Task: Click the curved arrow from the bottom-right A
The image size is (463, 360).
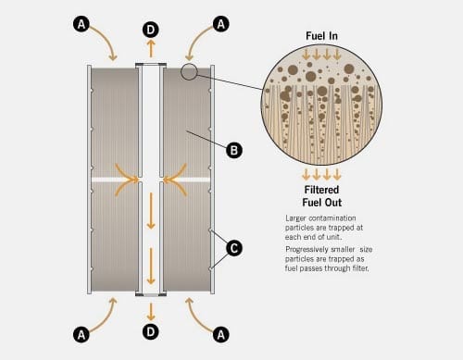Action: pos(196,313)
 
